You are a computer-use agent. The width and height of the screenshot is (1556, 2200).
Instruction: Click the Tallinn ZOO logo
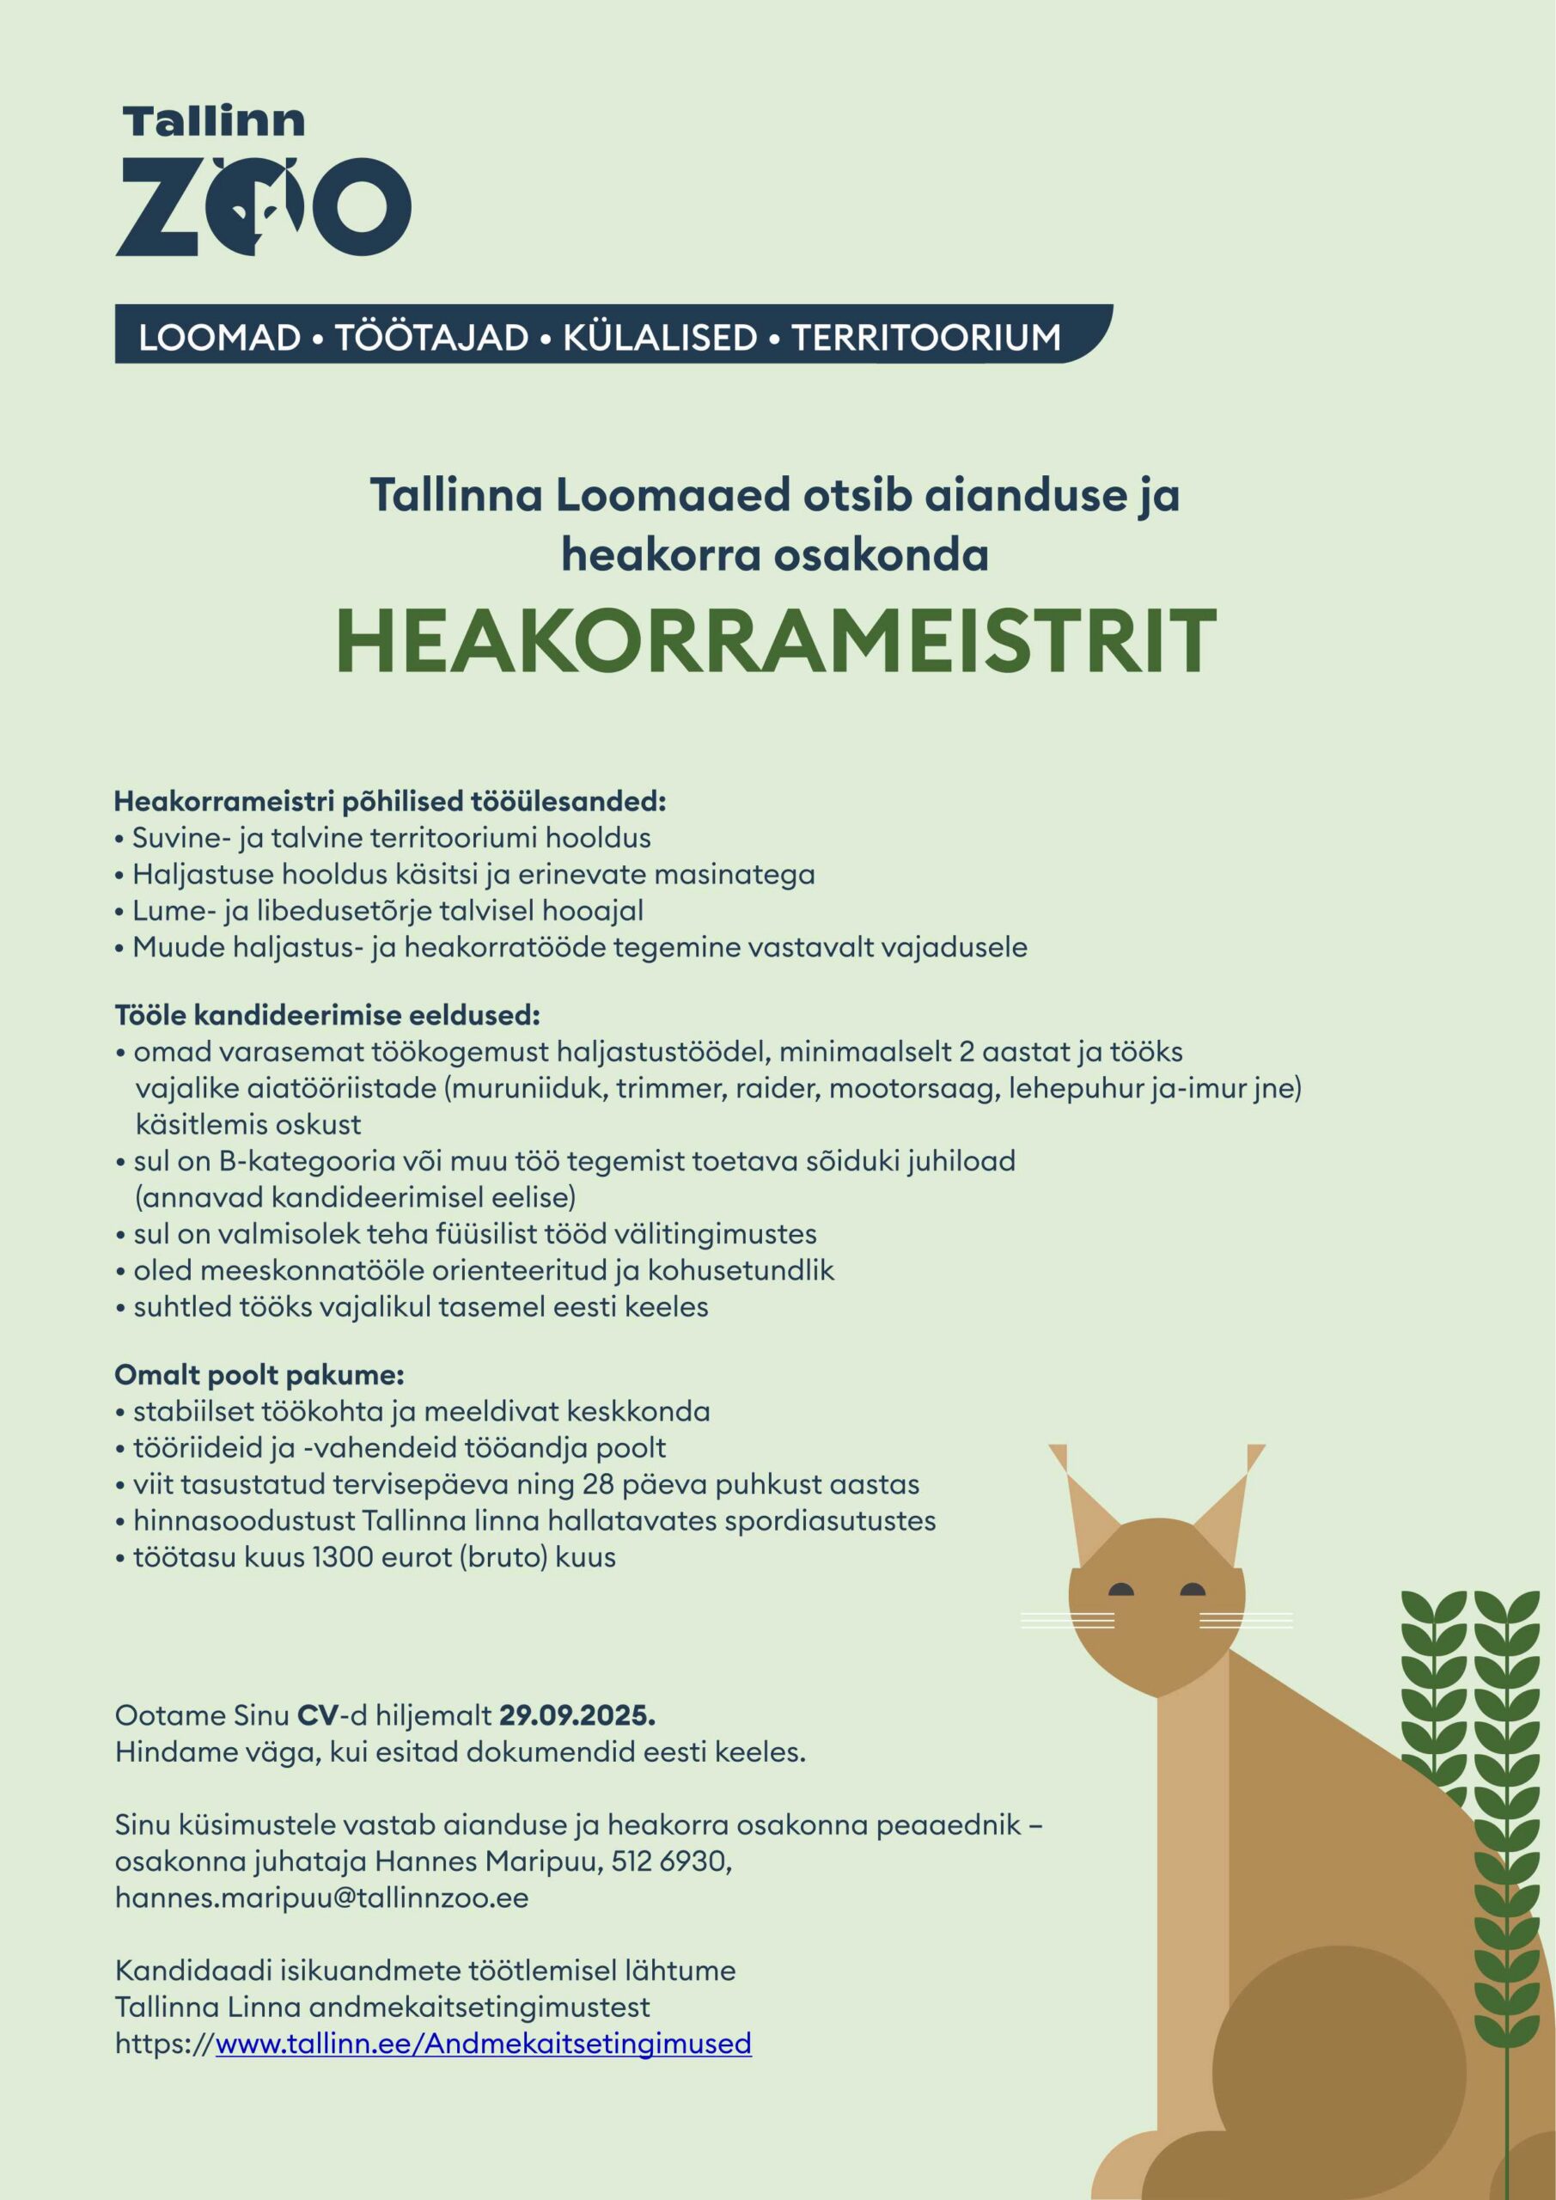pyautogui.click(x=263, y=182)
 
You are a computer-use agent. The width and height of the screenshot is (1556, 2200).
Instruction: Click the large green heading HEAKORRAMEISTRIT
pyautogui.click(x=776, y=642)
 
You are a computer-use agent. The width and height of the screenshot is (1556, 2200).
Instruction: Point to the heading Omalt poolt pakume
pyautogui.click(x=259, y=1375)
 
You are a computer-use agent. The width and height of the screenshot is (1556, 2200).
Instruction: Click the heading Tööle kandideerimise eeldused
pyautogui.click(x=326, y=1015)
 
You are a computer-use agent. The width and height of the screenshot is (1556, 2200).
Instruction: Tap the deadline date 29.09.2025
pyautogui.click(x=577, y=1715)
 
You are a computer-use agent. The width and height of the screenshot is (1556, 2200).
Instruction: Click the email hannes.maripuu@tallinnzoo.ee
pyautogui.click(x=321, y=1897)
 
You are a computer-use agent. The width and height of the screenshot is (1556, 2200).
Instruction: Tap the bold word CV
pyautogui.click(x=318, y=1715)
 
